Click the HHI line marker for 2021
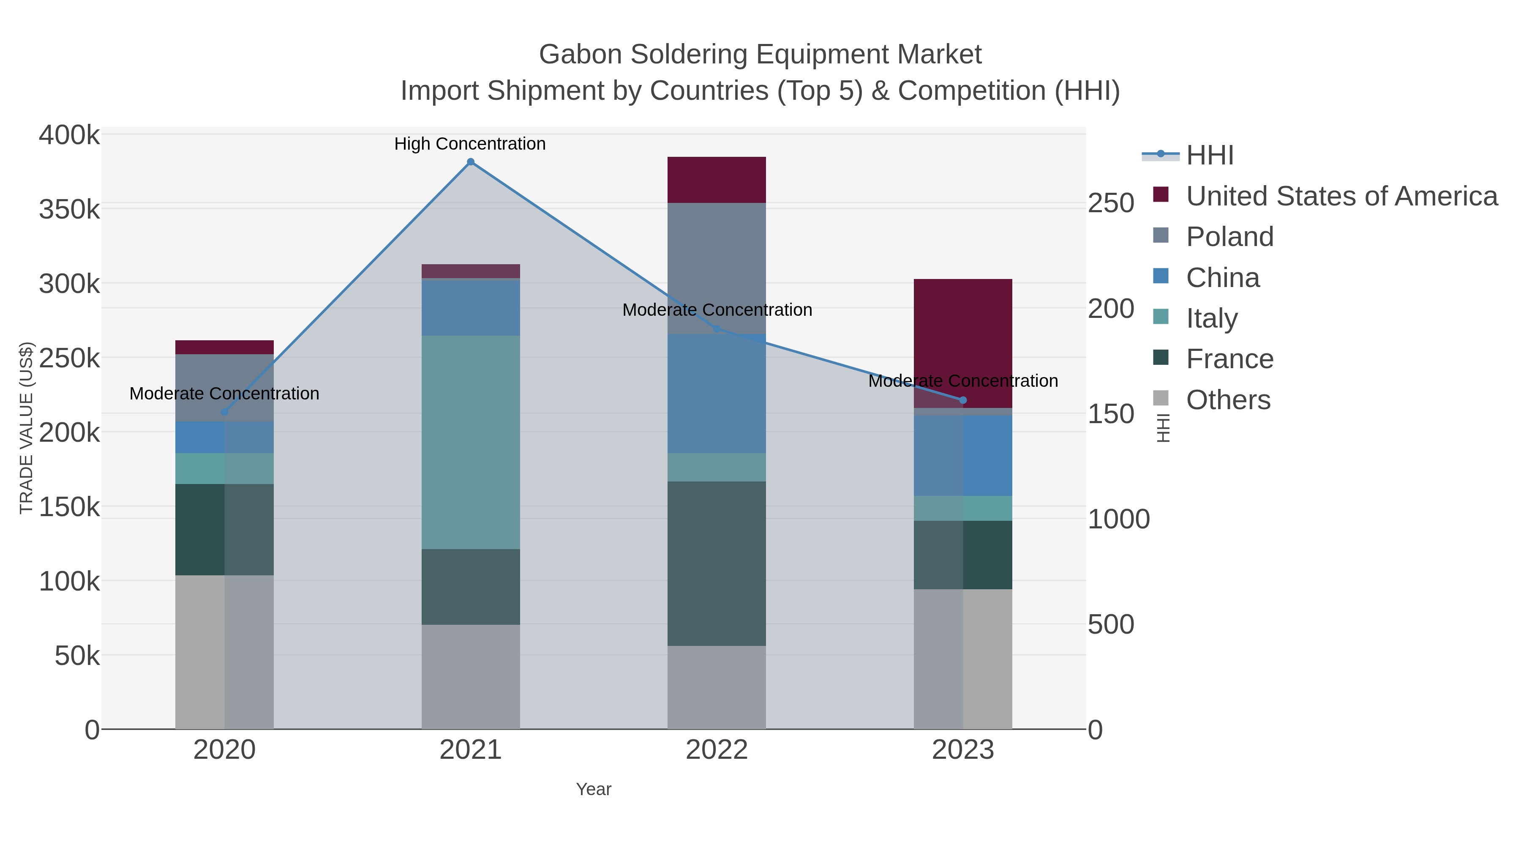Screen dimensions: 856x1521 (x=471, y=162)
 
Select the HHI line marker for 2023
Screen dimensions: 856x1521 (x=963, y=400)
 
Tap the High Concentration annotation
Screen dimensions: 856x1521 (x=470, y=144)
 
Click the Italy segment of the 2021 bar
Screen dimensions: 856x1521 (x=471, y=442)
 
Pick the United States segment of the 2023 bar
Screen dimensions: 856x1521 (x=963, y=343)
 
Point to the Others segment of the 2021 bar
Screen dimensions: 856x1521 (x=471, y=676)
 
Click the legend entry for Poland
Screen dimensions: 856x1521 (x=1229, y=237)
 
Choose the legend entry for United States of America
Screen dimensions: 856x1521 (x=1341, y=196)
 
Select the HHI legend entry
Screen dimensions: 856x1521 (x=1209, y=156)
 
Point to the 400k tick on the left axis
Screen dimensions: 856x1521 (x=69, y=135)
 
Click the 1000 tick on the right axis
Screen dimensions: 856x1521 (x=1118, y=519)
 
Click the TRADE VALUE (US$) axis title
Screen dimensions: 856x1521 (x=27, y=428)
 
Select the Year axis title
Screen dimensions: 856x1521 (x=594, y=789)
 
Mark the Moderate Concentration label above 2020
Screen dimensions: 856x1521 (x=224, y=394)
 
